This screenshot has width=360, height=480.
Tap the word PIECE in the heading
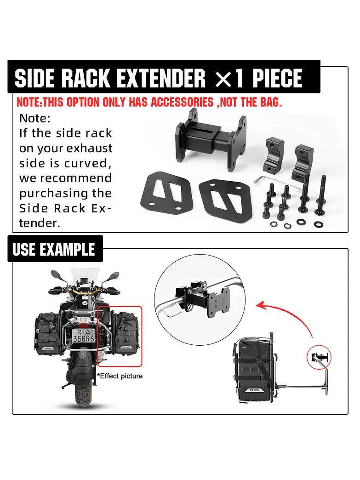coord(277,78)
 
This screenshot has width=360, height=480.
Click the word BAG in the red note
coord(270,102)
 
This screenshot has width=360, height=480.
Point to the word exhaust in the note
coord(89,148)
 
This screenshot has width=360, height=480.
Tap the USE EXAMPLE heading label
coord(54,249)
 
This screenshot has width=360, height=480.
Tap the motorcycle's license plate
coord(83,336)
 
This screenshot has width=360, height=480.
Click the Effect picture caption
coord(120,376)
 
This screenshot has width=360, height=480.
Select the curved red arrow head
coord(260,305)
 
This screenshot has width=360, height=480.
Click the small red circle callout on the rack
coord(319,357)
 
